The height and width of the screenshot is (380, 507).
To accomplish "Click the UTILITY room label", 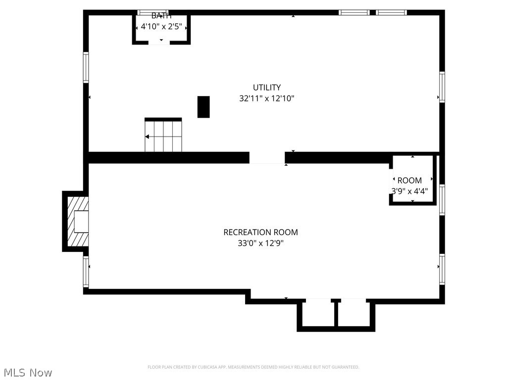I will (x=267, y=88).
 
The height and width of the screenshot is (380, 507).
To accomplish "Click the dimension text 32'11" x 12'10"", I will (x=267, y=98).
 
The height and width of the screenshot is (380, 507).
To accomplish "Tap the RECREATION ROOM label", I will (x=260, y=232).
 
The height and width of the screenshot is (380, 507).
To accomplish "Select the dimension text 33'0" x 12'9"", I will (x=260, y=243).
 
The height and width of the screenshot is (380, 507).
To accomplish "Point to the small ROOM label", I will (x=409, y=181).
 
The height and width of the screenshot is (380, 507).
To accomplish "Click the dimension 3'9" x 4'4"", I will (x=409, y=191).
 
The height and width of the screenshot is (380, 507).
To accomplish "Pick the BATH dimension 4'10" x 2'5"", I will (x=161, y=27).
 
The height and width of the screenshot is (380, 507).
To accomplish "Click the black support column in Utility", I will (x=203, y=107).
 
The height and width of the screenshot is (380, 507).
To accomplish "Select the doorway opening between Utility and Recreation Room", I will (x=267, y=158).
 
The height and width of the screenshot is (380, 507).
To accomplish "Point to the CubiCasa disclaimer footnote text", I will (x=253, y=367).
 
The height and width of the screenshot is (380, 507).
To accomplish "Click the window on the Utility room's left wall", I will (x=86, y=68).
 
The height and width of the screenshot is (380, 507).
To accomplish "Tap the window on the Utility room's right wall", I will (x=442, y=87).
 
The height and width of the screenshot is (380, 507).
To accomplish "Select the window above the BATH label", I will (x=152, y=12).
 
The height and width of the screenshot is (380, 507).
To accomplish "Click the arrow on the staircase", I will (x=148, y=137).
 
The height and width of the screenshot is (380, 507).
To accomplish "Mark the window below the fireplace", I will (x=86, y=271).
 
